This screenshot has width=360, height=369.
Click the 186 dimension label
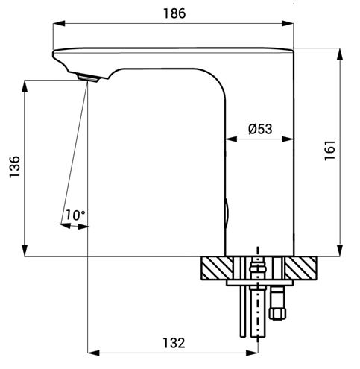coord(174,13)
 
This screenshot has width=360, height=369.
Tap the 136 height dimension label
coord(15,167)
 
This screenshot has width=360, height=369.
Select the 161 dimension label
coord(330,151)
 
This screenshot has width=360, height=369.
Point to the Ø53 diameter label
coord(260,129)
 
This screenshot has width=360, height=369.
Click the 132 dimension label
coord(174,343)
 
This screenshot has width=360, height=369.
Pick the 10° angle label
coord(75,215)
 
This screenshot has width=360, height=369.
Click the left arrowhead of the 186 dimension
coord(59,24)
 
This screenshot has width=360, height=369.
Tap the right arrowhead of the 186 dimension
coord(288,24)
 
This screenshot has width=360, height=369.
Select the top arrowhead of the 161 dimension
coord(340,54)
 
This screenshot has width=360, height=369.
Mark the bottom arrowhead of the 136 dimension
coord(25,250)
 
